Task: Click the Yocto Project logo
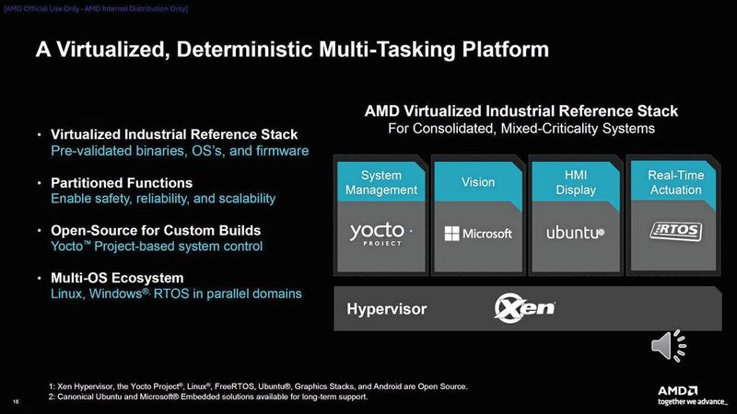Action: tap(380, 233)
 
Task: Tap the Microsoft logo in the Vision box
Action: tap(478, 233)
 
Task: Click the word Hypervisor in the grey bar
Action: tap(387, 309)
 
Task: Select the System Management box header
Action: tap(380, 182)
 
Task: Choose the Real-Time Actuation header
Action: tap(674, 182)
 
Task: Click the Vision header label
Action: tap(478, 182)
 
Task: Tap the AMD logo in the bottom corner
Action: tap(688, 386)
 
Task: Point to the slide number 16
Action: tap(17, 401)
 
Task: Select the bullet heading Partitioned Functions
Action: tap(122, 182)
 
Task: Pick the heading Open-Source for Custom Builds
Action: tap(156, 230)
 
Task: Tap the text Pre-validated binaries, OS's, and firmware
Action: tap(179, 151)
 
